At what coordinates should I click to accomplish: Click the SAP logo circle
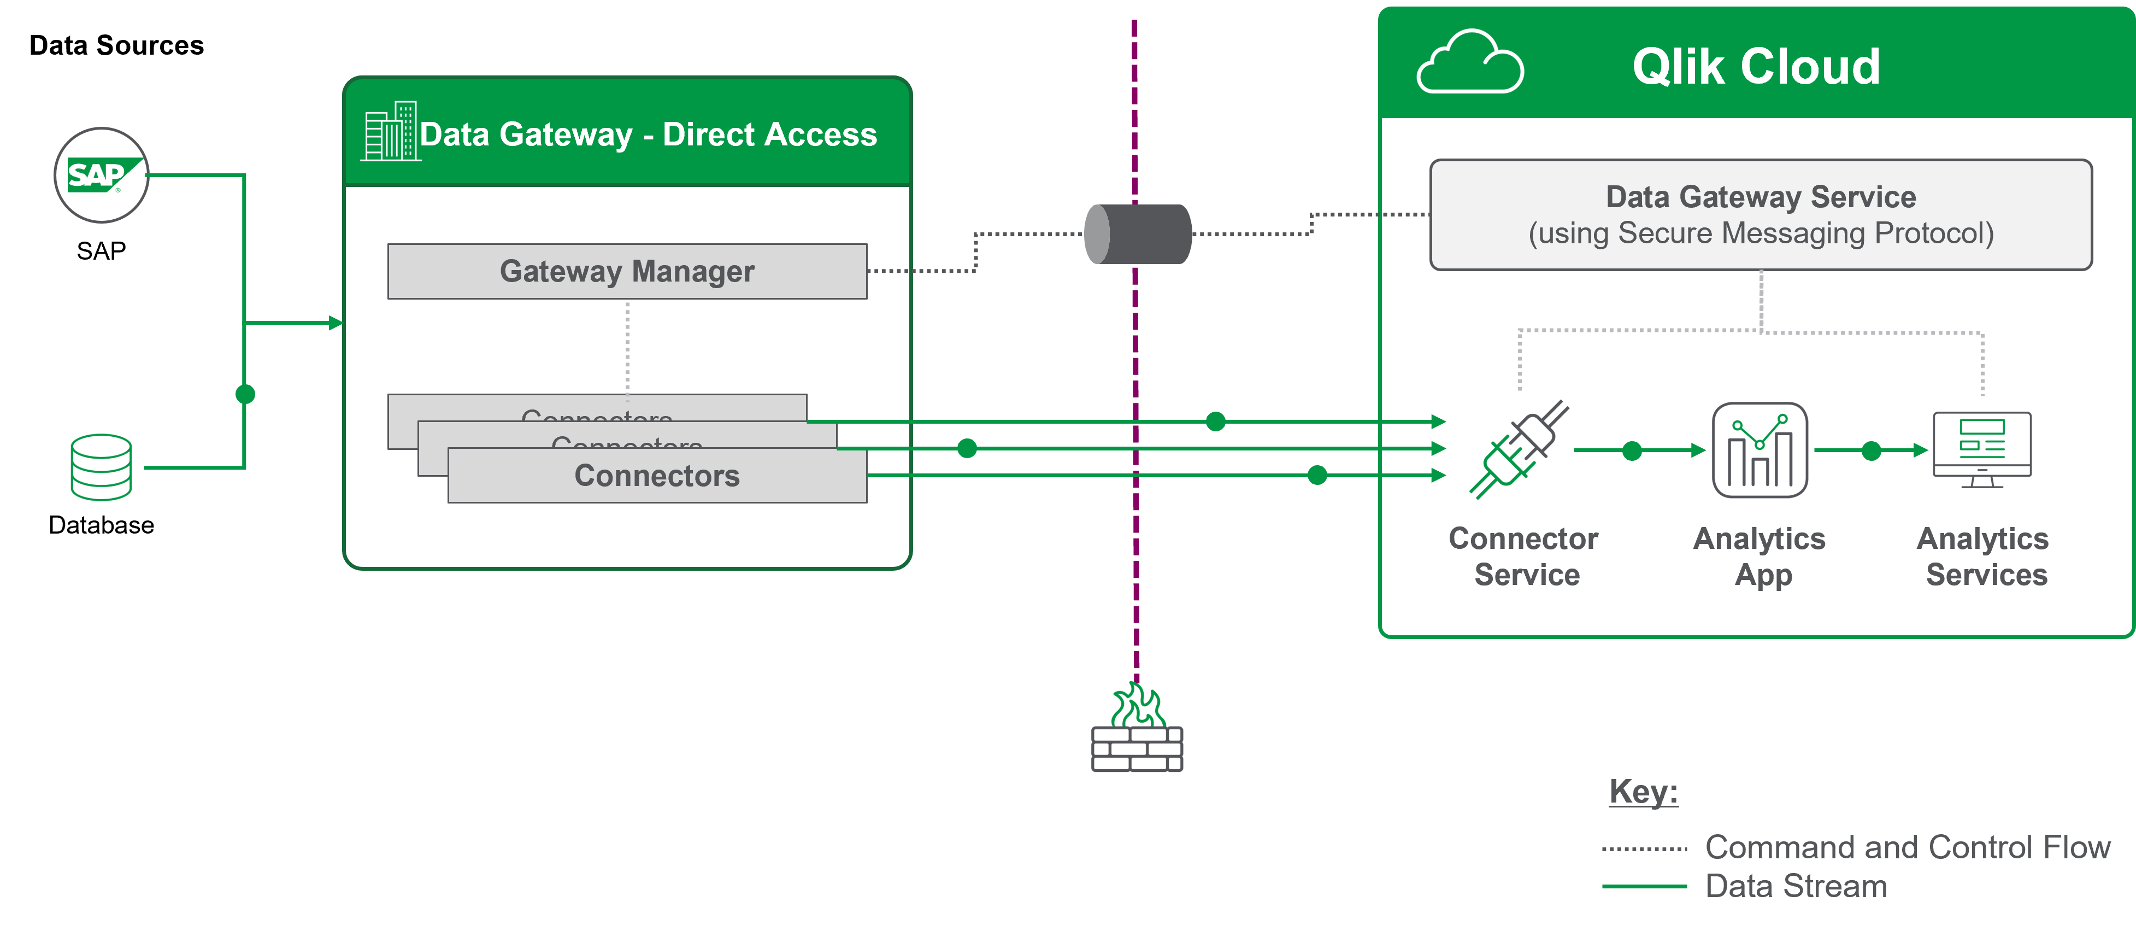[101, 175]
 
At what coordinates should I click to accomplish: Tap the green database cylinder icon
[101, 467]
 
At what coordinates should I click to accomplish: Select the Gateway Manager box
[627, 271]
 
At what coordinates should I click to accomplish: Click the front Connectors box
[657, 476]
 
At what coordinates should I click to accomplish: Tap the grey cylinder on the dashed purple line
[1138, 234]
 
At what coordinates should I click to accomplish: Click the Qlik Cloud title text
[1755, 66]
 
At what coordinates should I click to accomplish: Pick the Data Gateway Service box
[1761, 215]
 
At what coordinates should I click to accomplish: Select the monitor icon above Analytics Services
[1982, 449]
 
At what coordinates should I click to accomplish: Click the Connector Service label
[1524, 557]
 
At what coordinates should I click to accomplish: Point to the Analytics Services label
[1984, 557]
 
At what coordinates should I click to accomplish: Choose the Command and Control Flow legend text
[1907, 847]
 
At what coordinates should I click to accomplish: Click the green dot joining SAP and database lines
[245, 394]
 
